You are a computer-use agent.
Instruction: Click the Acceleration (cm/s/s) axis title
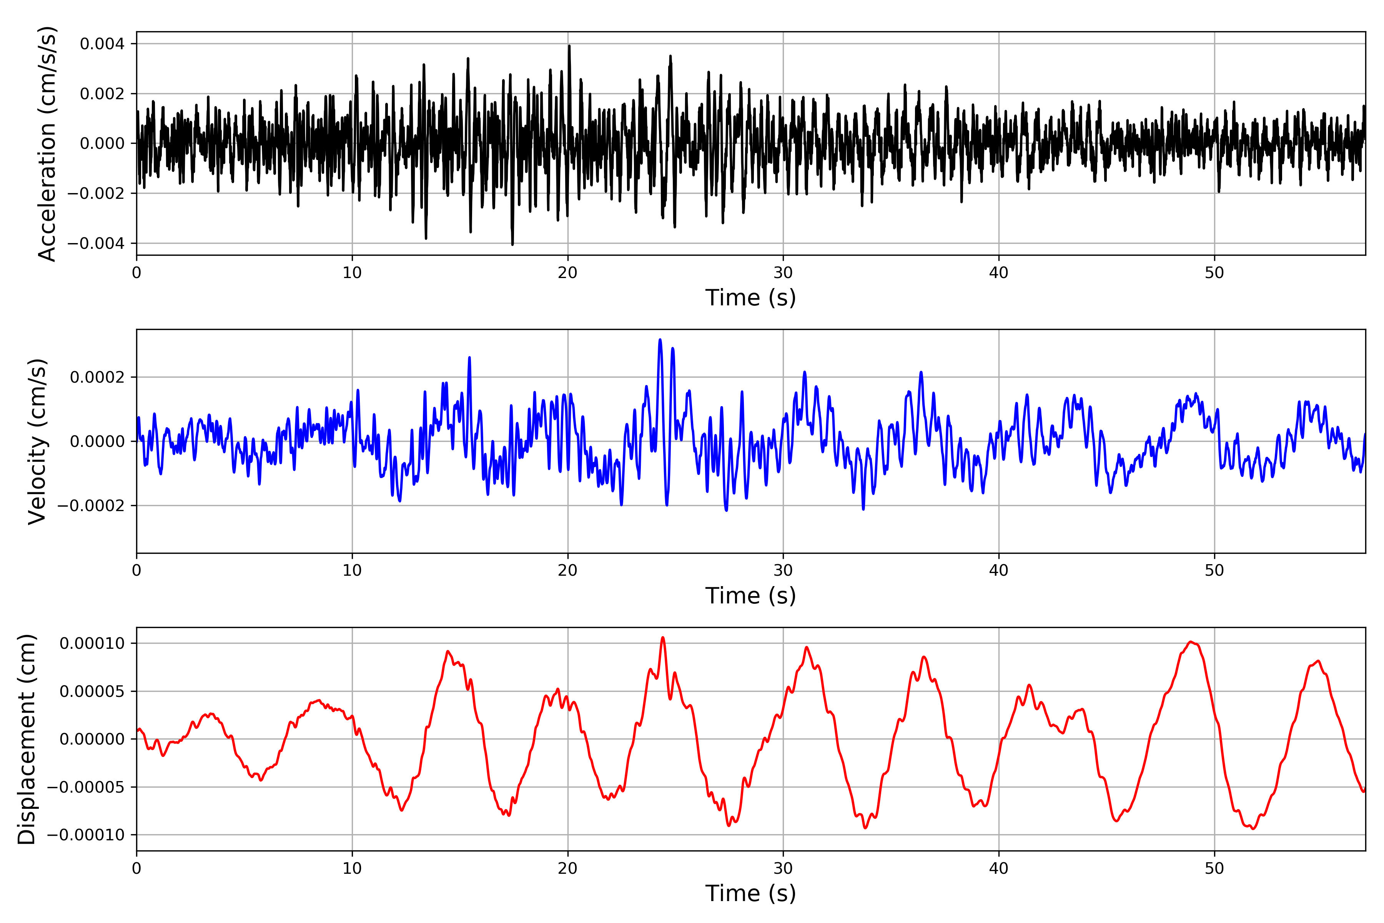click(47, 143)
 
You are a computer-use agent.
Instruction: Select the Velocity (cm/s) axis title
click(37, 442)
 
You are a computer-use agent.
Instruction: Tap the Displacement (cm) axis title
click(27, 739)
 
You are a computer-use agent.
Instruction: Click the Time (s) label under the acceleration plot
click(750, 298)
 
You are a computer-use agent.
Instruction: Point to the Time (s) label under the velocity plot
click(750, 596)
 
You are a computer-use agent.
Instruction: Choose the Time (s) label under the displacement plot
click(750, 893)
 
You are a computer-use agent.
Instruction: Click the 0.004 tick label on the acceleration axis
click(102, 44)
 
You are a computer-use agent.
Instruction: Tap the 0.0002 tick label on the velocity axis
click(97, 377)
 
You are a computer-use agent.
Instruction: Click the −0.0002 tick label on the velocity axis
click(91, 506)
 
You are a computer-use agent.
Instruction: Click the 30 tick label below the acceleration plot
click(783, 273)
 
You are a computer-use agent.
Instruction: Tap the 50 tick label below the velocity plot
click(1214, 570)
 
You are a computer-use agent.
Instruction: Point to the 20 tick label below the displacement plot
click(567, 868)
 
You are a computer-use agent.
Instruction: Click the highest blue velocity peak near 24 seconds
click(660, 340)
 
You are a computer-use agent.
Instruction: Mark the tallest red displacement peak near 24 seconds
click(662, 638)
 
